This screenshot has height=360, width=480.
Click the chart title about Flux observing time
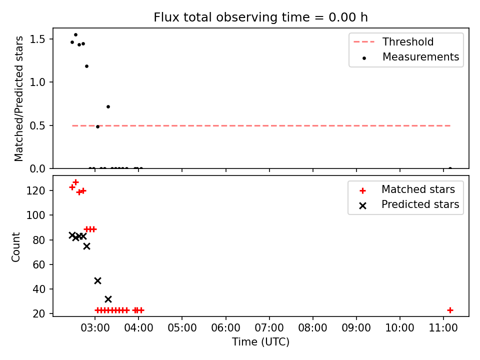(260, 17)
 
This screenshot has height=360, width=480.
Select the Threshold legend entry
(393, 41)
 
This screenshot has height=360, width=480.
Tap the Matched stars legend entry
(407, 189)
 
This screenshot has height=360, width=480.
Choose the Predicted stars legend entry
(409, 204)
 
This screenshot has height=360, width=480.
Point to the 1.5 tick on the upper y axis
(37, 39)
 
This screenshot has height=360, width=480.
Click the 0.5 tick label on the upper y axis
(37, 126)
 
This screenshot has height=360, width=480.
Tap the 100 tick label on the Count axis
(35, 215)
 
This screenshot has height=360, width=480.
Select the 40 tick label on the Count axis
(39, 289)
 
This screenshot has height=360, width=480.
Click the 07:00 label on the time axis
(269, 328)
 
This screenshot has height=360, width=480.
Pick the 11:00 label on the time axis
(443, 328)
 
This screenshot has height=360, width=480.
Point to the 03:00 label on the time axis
(95, 328)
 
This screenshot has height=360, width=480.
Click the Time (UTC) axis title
(260, 341)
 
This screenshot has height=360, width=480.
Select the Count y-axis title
(15, 247)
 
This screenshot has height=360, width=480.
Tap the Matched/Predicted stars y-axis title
(18, 98)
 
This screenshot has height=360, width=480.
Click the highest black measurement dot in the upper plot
(75, 34)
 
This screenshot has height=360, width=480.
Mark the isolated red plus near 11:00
(450, 310)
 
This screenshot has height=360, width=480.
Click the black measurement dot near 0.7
(108, 106)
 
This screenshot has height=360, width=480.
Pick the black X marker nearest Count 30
(108, 299)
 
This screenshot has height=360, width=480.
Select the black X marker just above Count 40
(97, 280)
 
